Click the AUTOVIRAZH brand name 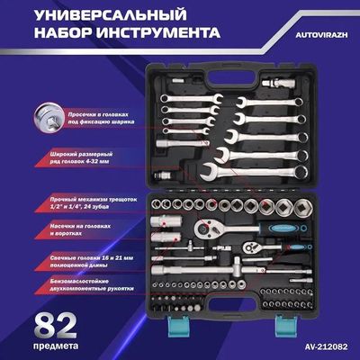pos(321,35)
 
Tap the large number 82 pos(56,326)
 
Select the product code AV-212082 pos(326,346)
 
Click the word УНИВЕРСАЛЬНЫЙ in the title pos(111,15)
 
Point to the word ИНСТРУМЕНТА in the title pos(158,32)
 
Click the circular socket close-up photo pos(49,117)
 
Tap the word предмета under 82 pos(56,346)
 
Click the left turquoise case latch pos(177,326)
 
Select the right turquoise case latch pos(286,326)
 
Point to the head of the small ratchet pos(251,247)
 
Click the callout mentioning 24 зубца pos(94,203)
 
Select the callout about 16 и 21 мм pos(92,262)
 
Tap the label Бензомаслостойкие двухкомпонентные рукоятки pos(92,285)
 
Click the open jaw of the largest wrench pos(209,172)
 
